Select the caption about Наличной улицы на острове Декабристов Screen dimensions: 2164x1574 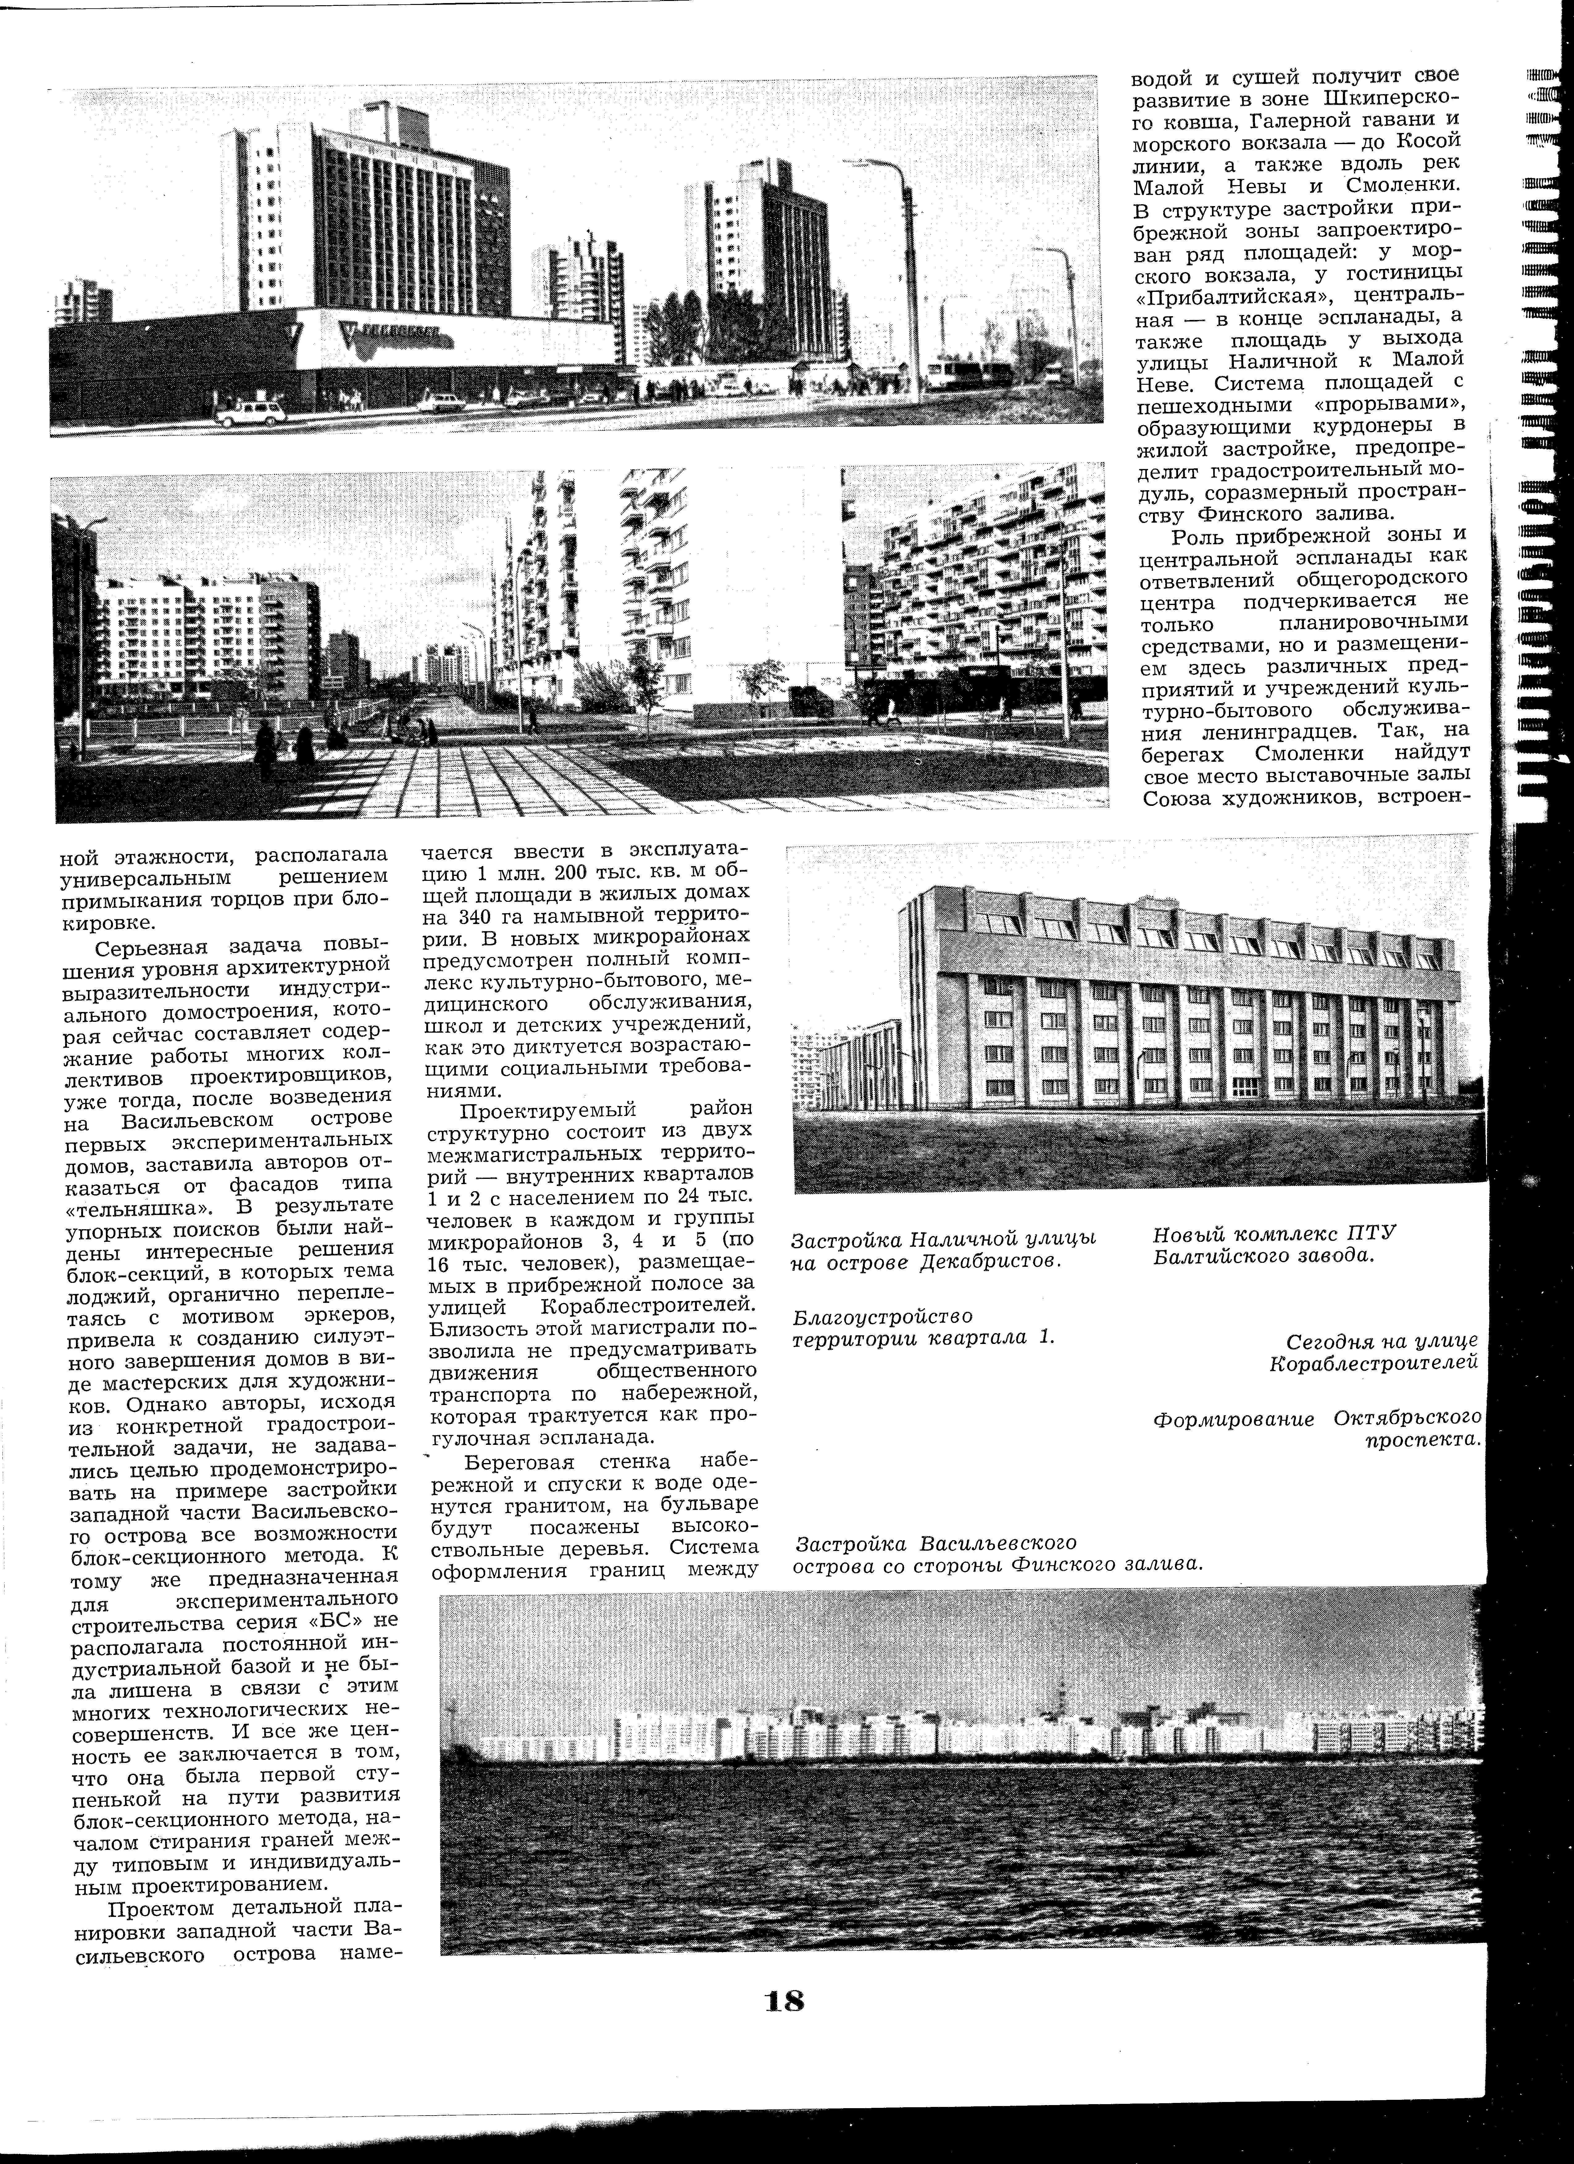(943, 1250)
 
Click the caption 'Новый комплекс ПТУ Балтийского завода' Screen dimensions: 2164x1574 (1273, 1244)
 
